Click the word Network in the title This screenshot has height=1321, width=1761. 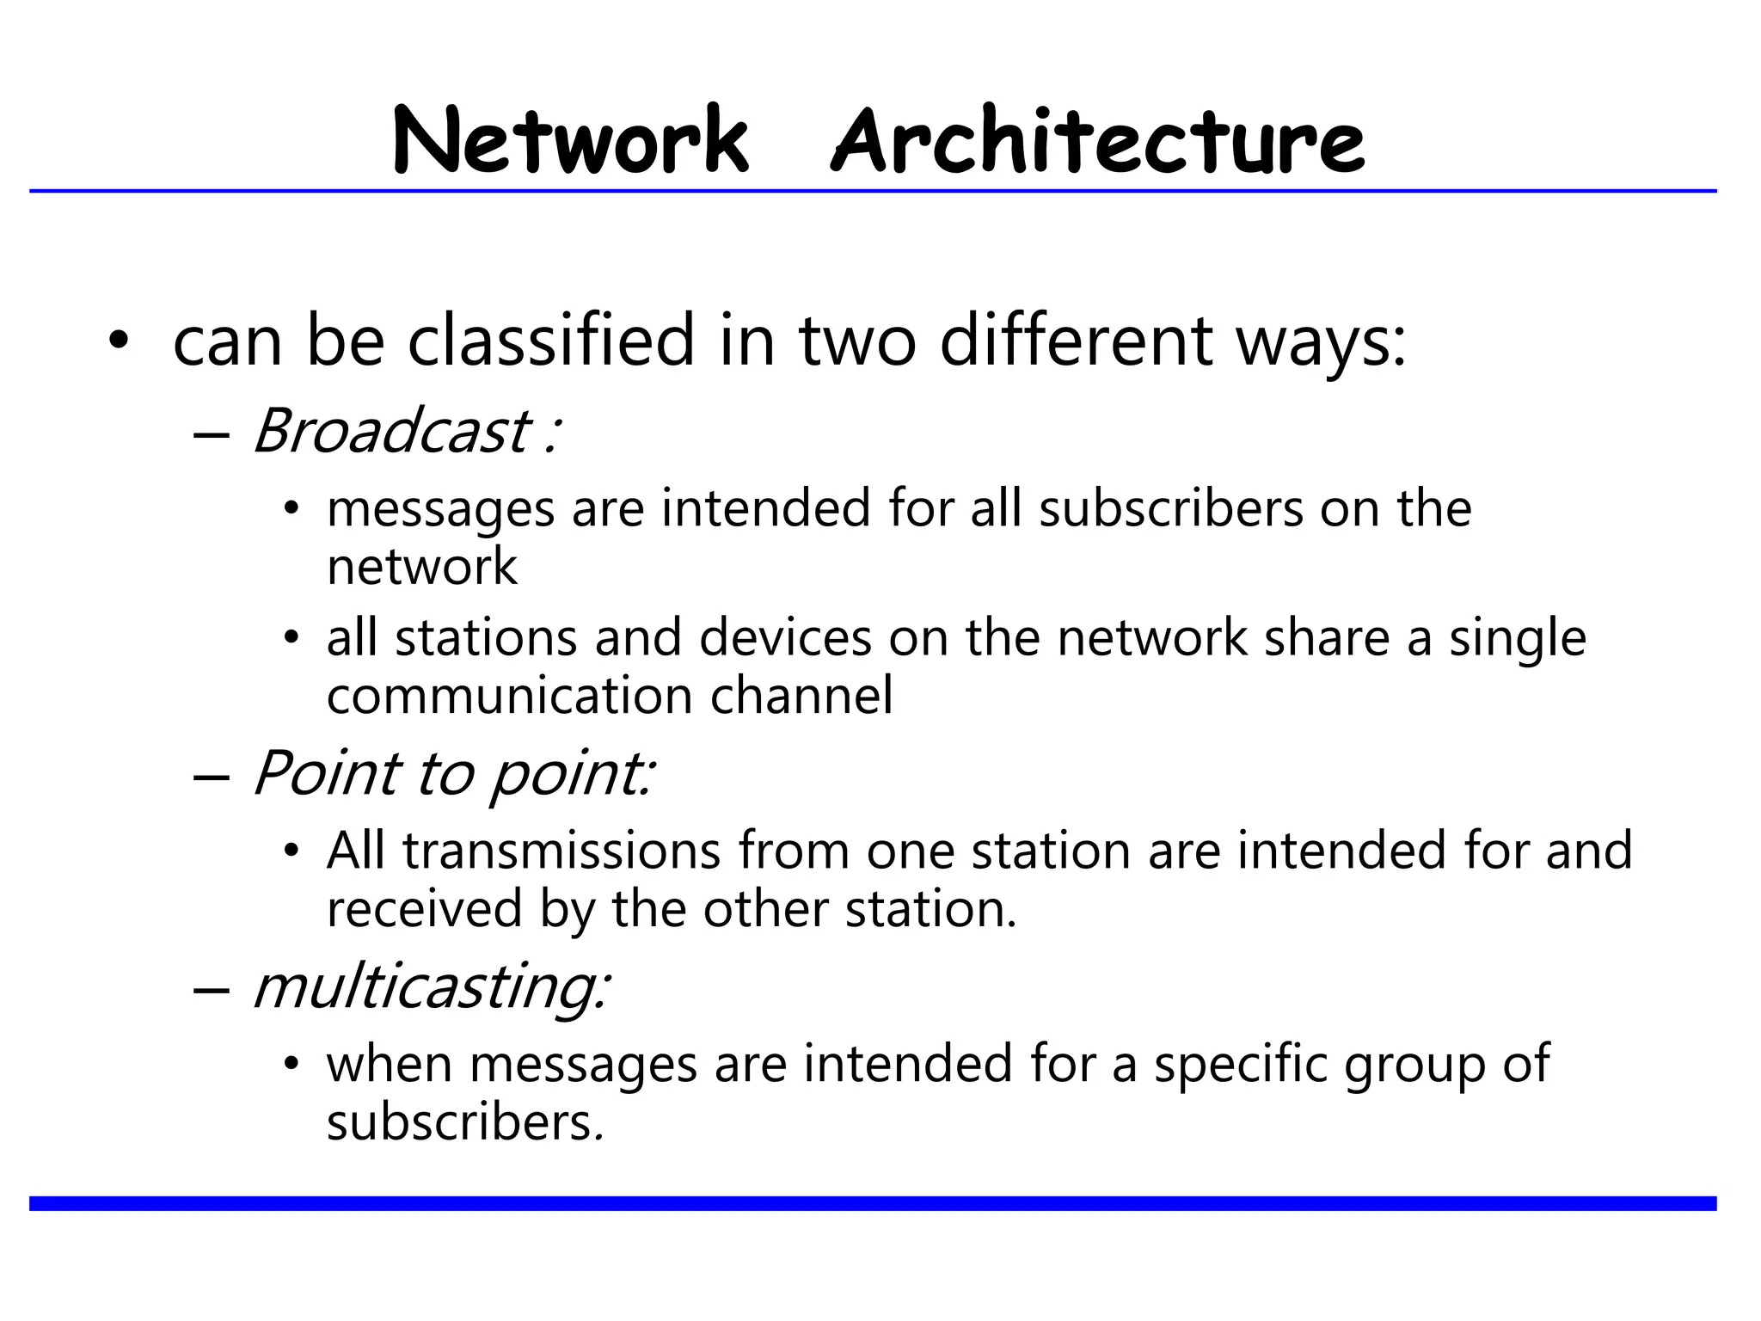point(571,140)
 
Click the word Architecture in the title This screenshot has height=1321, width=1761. point(1097,140)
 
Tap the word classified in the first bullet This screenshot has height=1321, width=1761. point(550,341)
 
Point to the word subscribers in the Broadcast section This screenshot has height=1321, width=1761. point(1171,507)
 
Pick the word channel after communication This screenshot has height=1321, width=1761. point(801,695)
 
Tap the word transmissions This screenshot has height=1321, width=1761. point(561,851)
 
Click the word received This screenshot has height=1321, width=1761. point(425,908)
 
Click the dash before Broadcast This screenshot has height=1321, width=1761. point(212,433)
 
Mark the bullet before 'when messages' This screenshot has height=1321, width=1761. point(291,1065)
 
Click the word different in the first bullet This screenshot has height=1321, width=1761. point(1077,341)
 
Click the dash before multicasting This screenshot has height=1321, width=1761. point(212,989)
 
